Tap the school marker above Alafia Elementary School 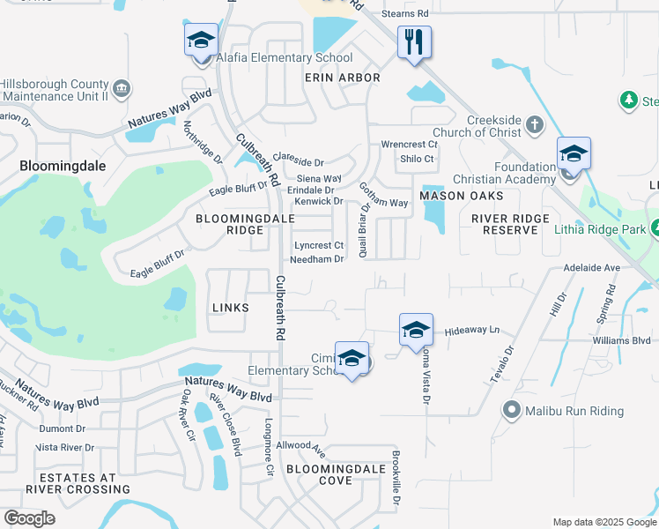202,41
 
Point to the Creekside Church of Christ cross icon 535,126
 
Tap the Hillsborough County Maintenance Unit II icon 122,89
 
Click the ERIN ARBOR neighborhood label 342,78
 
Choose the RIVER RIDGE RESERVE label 510,224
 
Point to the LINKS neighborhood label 231,308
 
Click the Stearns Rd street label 405,14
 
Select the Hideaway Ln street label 472,330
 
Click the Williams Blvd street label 622,340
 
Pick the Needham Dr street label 316,259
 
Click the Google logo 30,518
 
